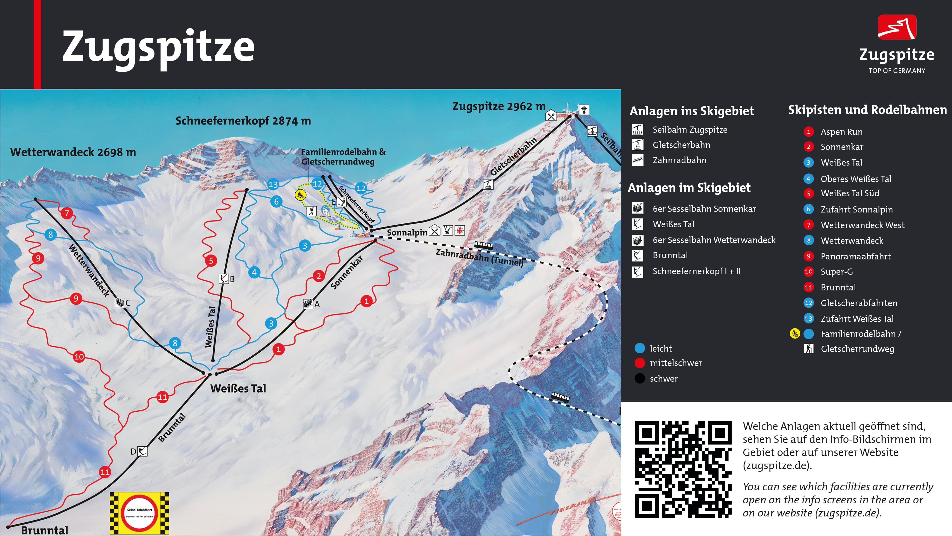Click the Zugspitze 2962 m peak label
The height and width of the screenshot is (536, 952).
pyautogui.click(x=499, y=106)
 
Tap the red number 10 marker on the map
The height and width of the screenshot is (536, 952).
pyautogui.click(x=79, y=357)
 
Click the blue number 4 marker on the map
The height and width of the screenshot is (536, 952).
pyautogui.click(x=254, y=273)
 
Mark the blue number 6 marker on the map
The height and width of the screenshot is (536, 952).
pyautogui.click(x=276, y=202)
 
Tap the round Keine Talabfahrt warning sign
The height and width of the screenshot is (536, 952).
pyautogui.click(x=139, y=513)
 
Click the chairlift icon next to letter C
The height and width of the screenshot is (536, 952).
pyautogui.click(x=120, y=303)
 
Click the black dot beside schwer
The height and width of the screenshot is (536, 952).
pyautogui.click(x=639, y=379)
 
